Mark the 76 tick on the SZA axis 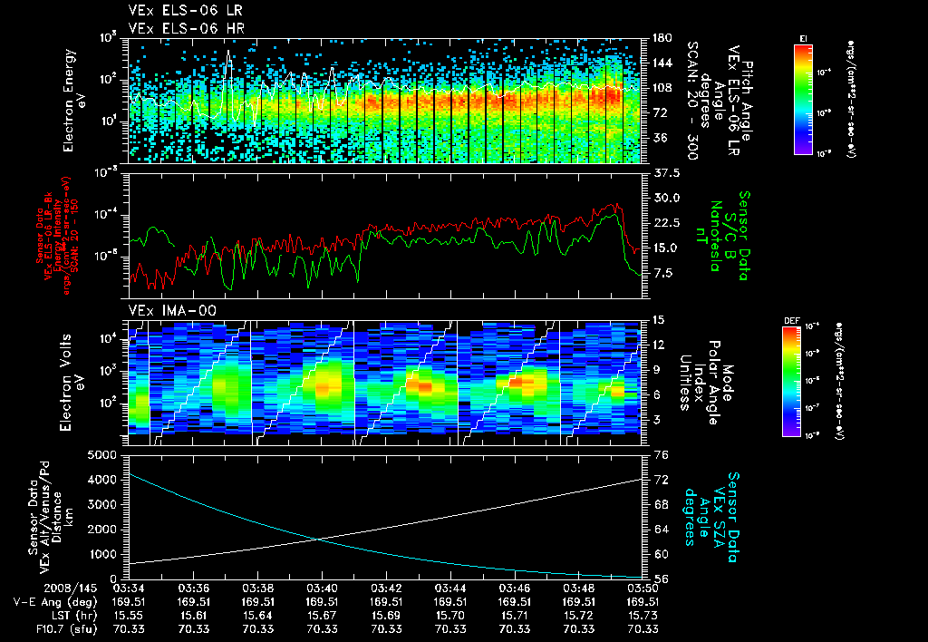[661, 454]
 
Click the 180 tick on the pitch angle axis [661, 38]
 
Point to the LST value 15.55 [130, 614]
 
